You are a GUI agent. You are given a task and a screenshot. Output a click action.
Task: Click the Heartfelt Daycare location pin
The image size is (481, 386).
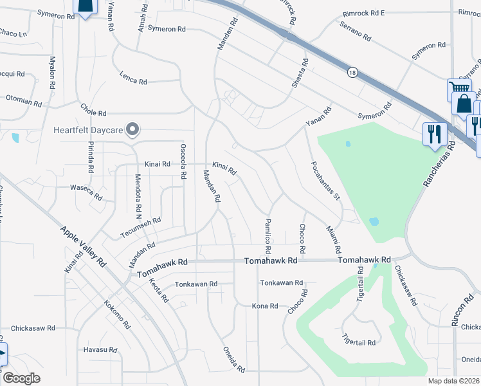132,129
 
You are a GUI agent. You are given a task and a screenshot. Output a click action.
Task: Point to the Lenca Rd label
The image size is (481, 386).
133,78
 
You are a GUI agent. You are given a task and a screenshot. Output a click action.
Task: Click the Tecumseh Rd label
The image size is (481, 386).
140,228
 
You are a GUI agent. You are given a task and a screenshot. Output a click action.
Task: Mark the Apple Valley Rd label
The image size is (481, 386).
83,246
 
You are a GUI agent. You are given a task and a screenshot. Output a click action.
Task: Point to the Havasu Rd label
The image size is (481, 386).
100,350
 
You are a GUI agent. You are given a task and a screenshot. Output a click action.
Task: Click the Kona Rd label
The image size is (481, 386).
264,306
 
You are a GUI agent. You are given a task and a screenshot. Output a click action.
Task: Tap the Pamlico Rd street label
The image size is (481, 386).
268,235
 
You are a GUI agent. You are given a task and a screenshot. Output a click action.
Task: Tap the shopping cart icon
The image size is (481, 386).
458,88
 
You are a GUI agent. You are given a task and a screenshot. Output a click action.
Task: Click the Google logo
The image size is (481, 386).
21,378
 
